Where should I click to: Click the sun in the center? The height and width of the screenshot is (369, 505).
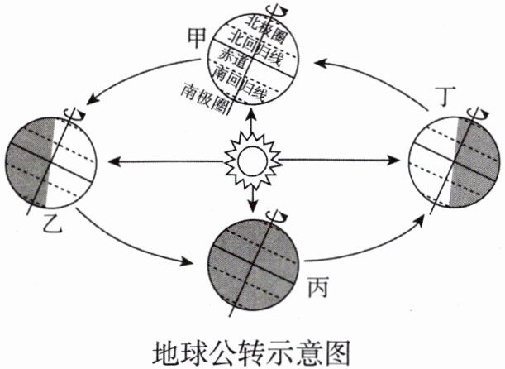(x=252, y=158)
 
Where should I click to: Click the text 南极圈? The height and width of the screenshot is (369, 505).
(x=208, y=92)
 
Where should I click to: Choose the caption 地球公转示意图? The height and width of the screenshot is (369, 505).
(x=253, y=345)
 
